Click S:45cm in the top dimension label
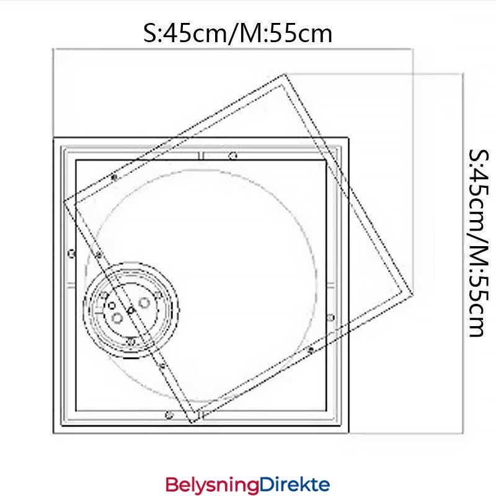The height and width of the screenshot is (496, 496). click(182, 33)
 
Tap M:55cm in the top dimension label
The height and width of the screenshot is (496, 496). click(286, 33)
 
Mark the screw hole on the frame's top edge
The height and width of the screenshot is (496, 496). click(232, 156)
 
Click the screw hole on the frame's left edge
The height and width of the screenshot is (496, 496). click(71, 253)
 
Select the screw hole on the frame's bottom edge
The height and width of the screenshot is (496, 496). click(169, 415)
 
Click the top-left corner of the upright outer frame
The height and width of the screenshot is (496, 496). click(53, 136)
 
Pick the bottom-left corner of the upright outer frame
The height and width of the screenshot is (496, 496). click(53, 432)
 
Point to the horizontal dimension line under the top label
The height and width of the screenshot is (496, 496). click(232, 49)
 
